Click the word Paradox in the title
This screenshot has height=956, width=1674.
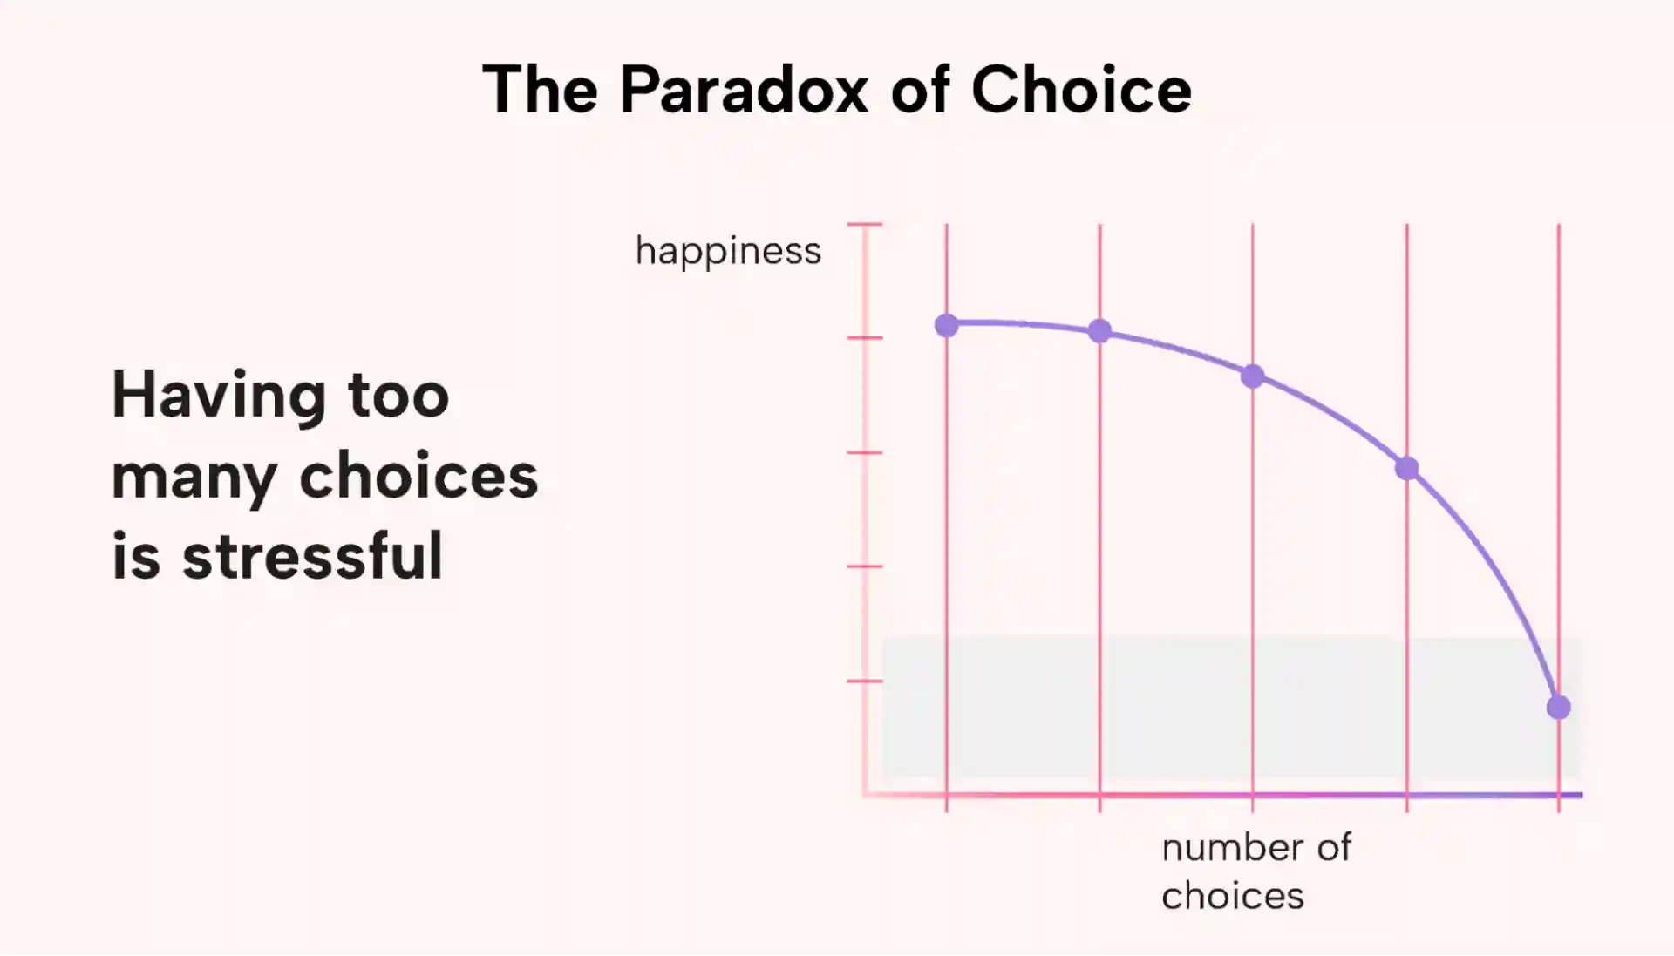[744, 89]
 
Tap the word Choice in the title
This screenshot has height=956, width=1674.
[1081, 89]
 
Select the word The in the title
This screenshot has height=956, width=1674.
[541, 89]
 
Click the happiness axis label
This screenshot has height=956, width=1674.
[728, 252]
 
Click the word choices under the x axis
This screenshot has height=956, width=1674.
[1233, 895]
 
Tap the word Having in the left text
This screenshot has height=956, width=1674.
[219, 397]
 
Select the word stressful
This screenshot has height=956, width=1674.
[312, 555]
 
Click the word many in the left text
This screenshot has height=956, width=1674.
[194, 478]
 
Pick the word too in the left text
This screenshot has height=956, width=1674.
[398, 397]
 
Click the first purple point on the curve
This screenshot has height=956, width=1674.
[946, 326]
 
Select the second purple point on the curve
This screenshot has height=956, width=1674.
[1099, 331]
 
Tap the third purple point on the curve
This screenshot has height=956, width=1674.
[1253, 376]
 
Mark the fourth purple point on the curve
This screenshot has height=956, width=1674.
[1406, 469]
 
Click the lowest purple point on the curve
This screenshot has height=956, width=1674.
[1559, 708]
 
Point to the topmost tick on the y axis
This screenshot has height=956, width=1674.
[865, 224]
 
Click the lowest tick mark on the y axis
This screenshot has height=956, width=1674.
[865, 681]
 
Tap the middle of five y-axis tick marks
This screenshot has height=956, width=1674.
[865, 452]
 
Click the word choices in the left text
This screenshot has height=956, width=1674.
[418, 476]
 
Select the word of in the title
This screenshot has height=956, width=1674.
[920, 89]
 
